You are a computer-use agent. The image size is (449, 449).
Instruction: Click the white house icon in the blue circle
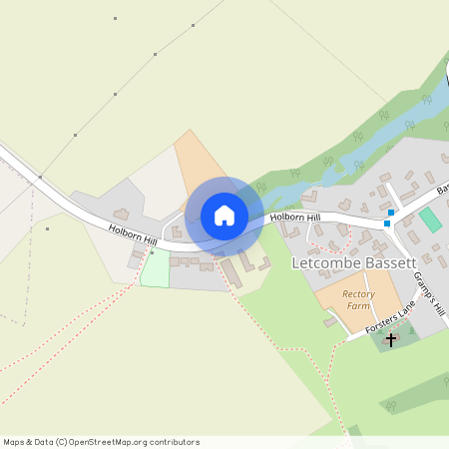click(x=224, y=215)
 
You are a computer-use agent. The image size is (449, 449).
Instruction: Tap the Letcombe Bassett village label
click(x=352, y=263)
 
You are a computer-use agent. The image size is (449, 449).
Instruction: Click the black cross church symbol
click(x=390, y=339)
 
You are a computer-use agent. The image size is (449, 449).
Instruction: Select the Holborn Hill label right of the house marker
click(x=294, y=217)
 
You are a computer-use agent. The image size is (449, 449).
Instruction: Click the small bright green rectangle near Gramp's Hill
click(x=430, y=221)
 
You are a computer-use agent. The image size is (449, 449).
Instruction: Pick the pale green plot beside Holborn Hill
click(x=155, y=268)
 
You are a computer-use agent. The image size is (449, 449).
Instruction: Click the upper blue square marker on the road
click(x=391, y=212)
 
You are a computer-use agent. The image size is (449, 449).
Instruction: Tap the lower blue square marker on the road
click(x=387, y=224)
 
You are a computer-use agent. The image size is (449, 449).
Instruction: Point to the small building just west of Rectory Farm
click(x=330, y=321)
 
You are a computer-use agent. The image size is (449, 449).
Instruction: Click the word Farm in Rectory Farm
click(x=358, y=306)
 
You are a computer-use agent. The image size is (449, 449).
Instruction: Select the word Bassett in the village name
click(x=385, y=263)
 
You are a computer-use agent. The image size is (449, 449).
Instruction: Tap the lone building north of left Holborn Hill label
click(x=122, y=214)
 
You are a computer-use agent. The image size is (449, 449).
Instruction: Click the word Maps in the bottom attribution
click(x=15, y=442)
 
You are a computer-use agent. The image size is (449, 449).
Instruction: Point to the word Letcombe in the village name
click(x=322, y=263)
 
